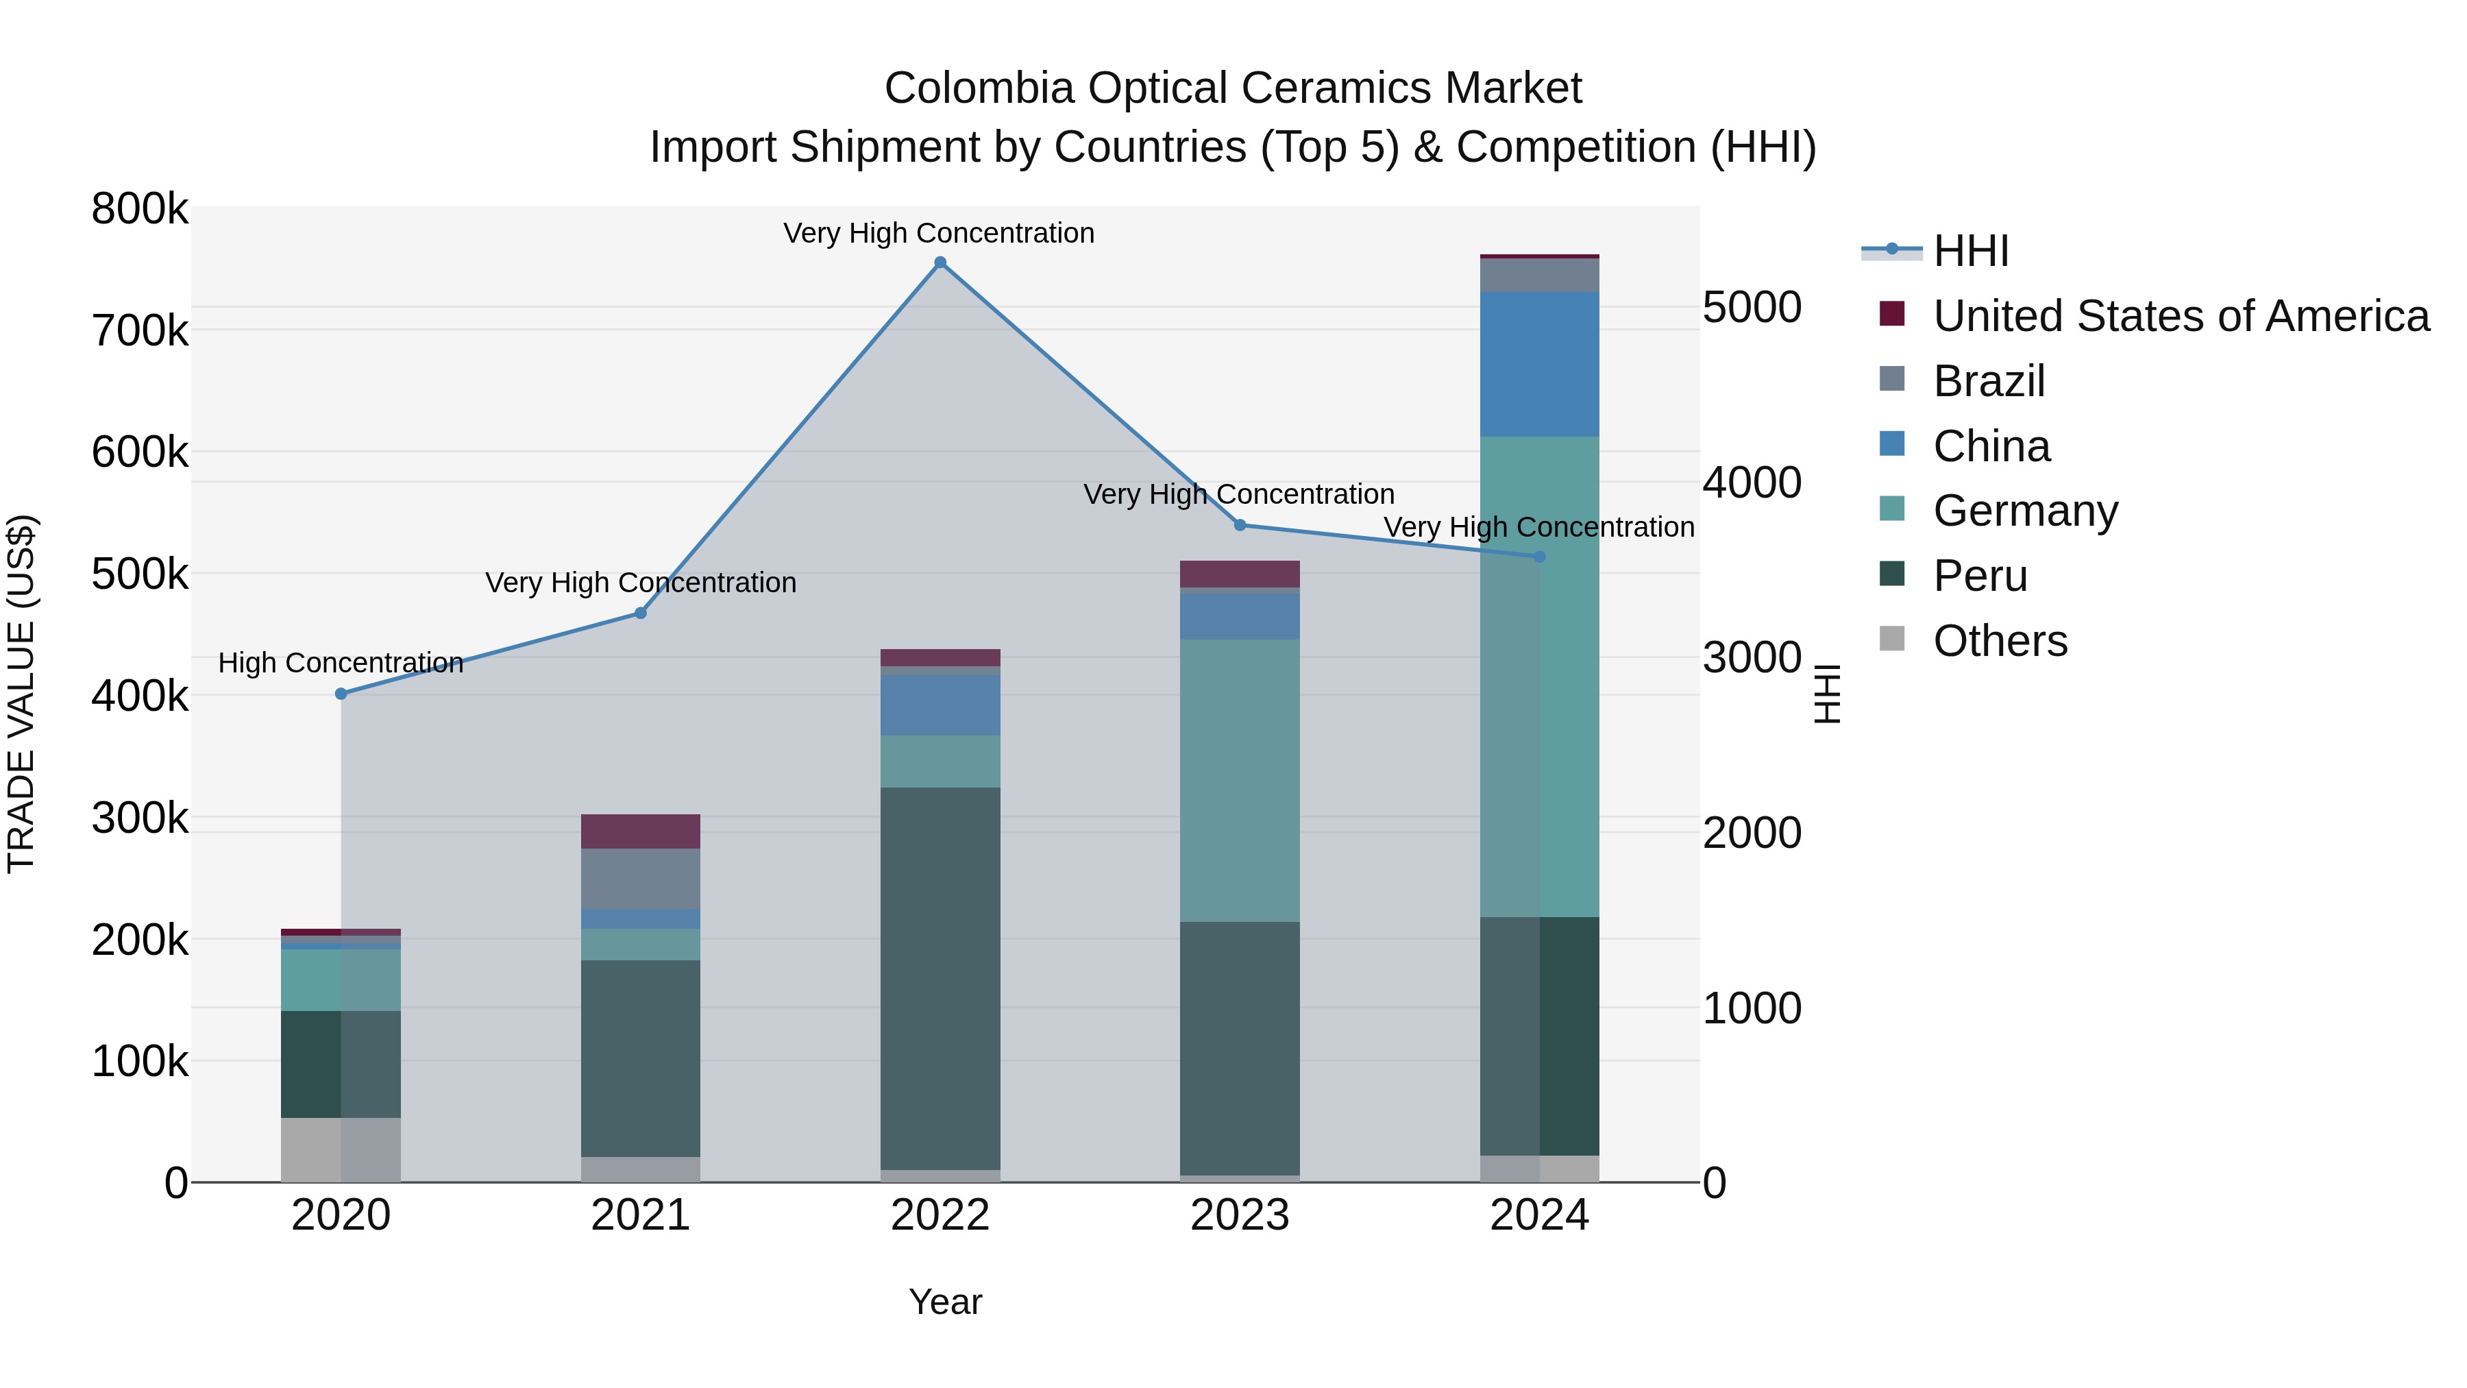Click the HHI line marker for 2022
pyautogui.click(x=940, y=263)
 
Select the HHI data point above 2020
pyautogui.click(x=341, y=694)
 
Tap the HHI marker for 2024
pyautogui.click(x=1540, y=557)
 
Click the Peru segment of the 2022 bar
pyautogui.click(x=940, y=977)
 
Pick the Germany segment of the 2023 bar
pyautogui.click(x=1239, y=781)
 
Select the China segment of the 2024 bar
pyautogui.click(x=1540, y=364)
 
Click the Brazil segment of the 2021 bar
pyautogui.click(x=641, y=879)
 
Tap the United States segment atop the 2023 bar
pyautogui.click(x=1239, y=574)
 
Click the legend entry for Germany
pyautogui.click(x=2024, y=511)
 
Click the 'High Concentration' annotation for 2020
pyautogui.click(x=341, y=663)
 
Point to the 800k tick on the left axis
pyautogui.click(x=140, y=209)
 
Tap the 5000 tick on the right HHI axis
pyautogui.click(x=1752, y=308)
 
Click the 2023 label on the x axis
pyautogui.click(x=1239, y=1215)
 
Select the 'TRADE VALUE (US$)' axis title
pyautogui.click(x=21, y=694)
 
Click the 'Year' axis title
pyautogui.click(x=945, y=1302)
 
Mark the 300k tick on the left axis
pyautogui.click(x=140, y=818)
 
